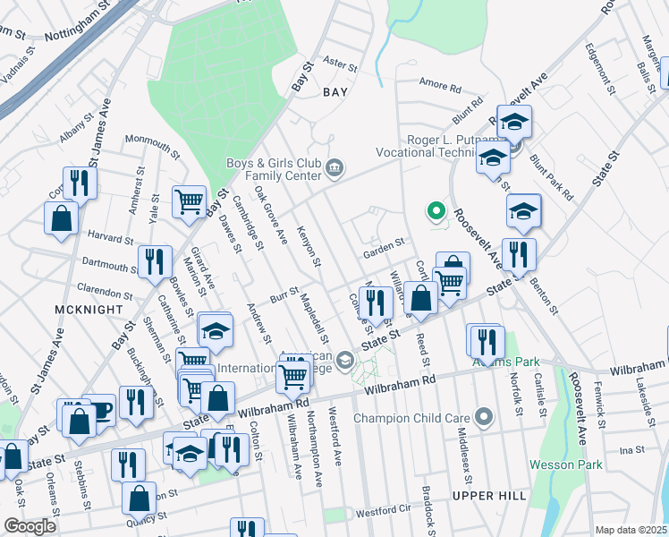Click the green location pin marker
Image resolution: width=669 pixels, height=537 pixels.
tap(436, 212)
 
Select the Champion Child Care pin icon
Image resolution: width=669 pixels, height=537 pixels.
tap(485, 417)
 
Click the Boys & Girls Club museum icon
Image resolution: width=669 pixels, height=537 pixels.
tap(334, 167)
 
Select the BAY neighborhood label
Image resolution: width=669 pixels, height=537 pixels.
tap(334, 91)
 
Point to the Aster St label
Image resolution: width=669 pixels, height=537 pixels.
tap(340, 64)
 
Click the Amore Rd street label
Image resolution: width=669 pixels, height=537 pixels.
tap(440, 88)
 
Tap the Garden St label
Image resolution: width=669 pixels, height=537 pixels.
tap(385, 242)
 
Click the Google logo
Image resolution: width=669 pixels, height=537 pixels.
tap(30, 526)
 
